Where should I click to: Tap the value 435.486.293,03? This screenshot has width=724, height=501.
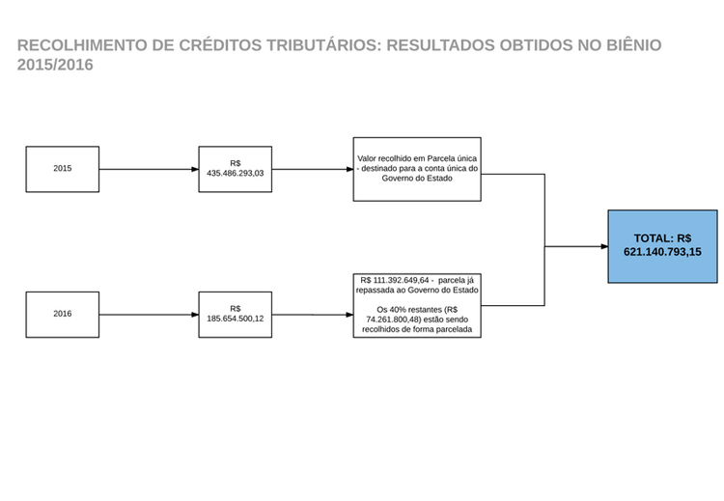(235, 173)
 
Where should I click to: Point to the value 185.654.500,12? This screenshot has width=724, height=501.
(235, 319)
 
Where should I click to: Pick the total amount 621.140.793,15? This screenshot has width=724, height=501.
(662, 252)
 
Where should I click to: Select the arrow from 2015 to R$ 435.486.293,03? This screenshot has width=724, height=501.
(149, 170)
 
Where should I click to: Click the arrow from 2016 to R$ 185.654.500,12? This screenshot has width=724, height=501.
(149, 315)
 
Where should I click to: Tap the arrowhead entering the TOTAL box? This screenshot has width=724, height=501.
(604, 246)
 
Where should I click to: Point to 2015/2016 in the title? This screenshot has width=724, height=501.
(55, 65)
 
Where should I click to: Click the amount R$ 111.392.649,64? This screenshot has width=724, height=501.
(395, 280)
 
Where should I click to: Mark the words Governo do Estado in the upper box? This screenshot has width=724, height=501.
(417, 179)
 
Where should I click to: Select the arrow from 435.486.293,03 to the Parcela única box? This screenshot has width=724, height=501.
(313, 170)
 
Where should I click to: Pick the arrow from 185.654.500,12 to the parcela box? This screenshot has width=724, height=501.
(313, 315)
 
